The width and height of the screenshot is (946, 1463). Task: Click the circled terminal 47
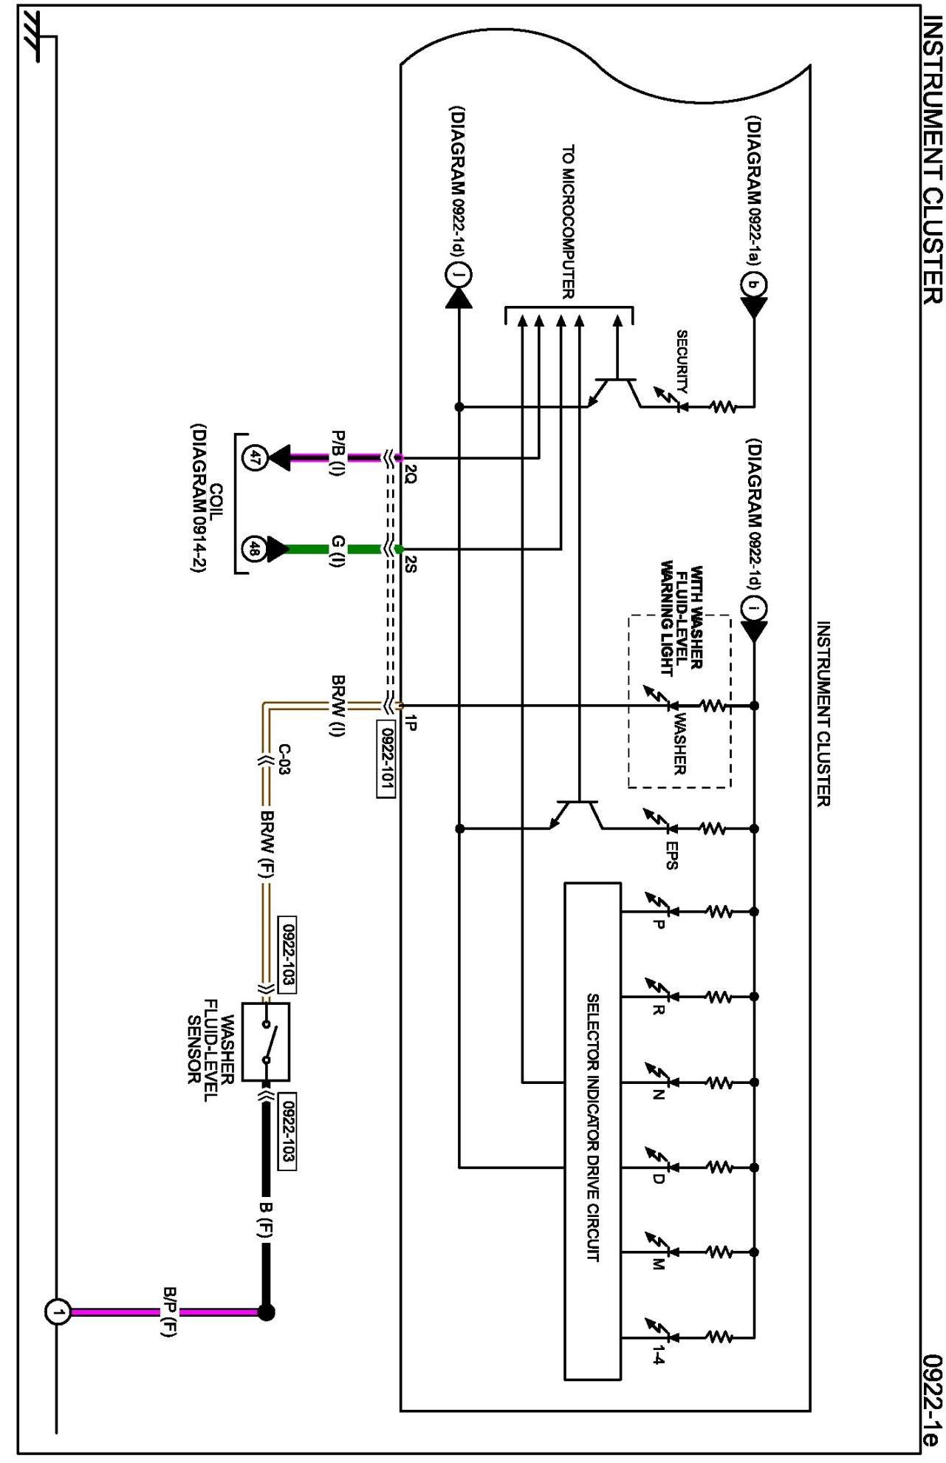coord(254,458)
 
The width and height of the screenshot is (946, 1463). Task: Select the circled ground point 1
coord(58,1312)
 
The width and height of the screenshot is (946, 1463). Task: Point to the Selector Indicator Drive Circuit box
coord(592,1131)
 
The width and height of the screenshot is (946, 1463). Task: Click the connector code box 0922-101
coord(386,759)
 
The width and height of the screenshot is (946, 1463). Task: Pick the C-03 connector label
coord(284,758)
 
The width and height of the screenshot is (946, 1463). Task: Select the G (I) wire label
coord(337,551)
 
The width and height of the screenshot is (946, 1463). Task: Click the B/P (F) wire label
coord(169,1312)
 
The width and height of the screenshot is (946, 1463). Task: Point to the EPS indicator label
coord(671,856)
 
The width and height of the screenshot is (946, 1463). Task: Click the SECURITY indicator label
coord(682,361)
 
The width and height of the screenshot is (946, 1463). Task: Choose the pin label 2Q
coord(411,473)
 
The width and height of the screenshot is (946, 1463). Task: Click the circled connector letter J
coord(459,276)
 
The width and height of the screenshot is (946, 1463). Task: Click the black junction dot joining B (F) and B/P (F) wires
coord(266,1312)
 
